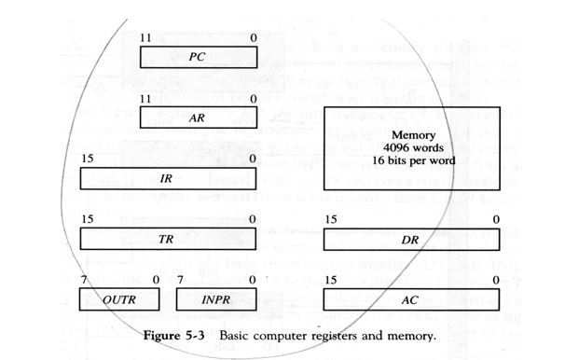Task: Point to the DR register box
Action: [411, 239]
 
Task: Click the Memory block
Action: [411, 149]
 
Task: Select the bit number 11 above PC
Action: [145, 36]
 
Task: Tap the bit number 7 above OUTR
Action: [85, 280]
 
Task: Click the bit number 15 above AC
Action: [329, 280]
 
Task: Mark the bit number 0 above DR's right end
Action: [496, 220]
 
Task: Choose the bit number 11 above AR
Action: [145, 97]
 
